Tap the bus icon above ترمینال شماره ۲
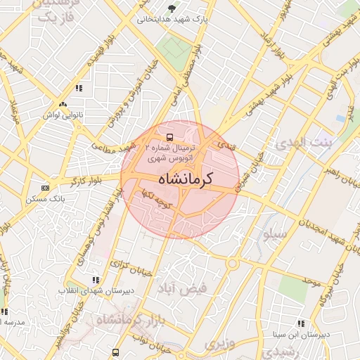click(x=169, y=136)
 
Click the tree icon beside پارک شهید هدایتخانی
click(x=173, y=9)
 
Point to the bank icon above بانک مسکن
click(x=46, y=188)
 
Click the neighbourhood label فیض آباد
click(x=193, y=288)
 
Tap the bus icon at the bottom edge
click(x=115, y=352)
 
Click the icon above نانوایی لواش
click(x=79, y=88)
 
